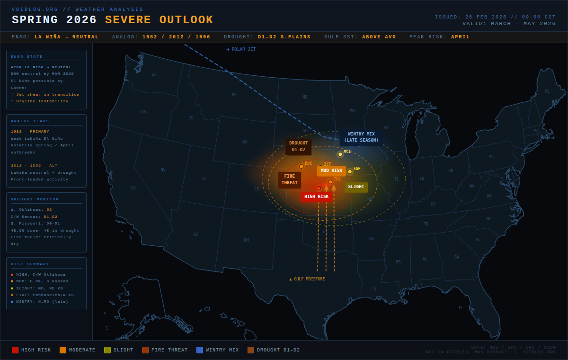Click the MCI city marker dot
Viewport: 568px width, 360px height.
click(x=340, y=154)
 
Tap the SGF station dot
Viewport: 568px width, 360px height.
click(x=350, y=171)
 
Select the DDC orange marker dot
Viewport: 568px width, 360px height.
click(x=301, y=166)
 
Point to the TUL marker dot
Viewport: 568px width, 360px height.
click(x=330, y=182)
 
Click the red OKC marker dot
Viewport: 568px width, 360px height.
click(x=319, y=188)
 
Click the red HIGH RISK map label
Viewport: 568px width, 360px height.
click(x=316, y=197)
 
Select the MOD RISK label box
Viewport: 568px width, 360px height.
click(x=331, y=171)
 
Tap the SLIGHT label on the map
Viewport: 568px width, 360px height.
click(x=356, y=187)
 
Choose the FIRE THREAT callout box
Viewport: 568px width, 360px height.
click(x=289, y=180)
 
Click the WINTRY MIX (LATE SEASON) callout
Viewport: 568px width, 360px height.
click(x=361, y=137)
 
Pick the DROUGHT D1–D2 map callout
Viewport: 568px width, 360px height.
click(x=298, y=146)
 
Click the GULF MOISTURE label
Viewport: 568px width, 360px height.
click(x=307, y=279)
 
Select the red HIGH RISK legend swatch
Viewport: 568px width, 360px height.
click(x=15, y=350)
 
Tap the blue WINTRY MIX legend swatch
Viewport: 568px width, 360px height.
click(x=200, y=350)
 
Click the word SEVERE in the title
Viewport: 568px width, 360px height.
click(x=128, y=20)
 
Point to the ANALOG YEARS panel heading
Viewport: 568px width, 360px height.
click(x=30, y=121)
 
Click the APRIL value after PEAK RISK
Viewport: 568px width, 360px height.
click(x=461, y=37)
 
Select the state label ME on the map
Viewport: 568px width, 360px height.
click(x=547, y=91)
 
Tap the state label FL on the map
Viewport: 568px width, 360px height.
click(x=461, y=308)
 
